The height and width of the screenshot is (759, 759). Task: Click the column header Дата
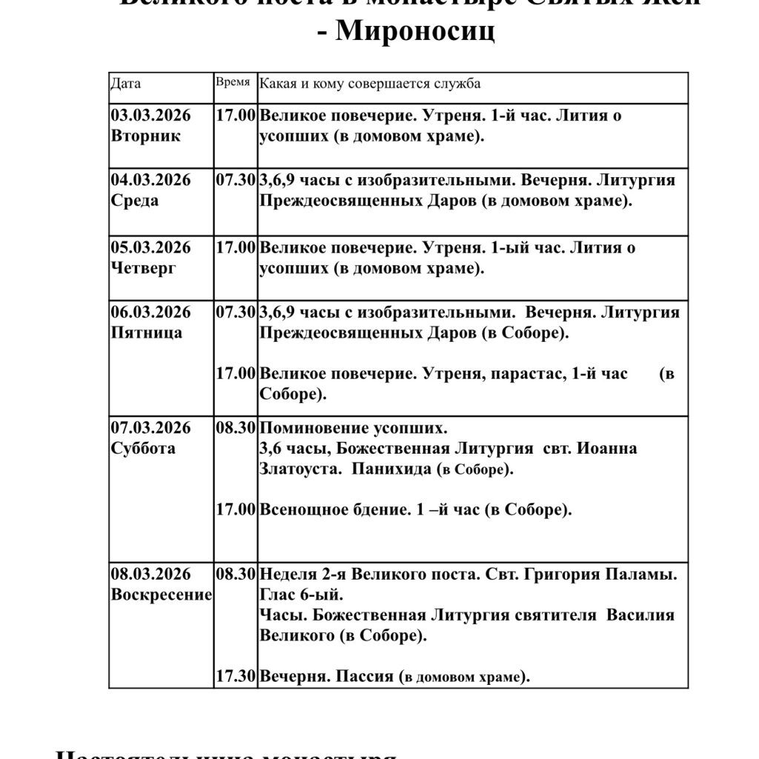[125, 84]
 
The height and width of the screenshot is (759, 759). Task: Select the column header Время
[233, 82]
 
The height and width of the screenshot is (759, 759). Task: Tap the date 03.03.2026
[150, 115]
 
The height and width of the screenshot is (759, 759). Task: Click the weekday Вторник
[145, 136]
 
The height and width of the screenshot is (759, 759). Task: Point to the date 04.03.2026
[150, 180]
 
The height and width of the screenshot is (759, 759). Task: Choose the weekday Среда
[134, 201]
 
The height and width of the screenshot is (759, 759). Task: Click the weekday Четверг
[143, 268]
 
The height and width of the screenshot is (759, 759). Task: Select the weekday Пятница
[146, 333]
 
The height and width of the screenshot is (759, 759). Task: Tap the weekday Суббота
[143, 448]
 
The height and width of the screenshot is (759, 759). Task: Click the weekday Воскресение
[161, 594]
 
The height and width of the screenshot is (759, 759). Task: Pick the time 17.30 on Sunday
[236, 676]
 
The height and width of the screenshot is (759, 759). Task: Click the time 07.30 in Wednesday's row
[236, 180]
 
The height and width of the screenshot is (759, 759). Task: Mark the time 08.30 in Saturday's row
[236, 428]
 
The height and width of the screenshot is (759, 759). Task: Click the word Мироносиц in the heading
[415, 33]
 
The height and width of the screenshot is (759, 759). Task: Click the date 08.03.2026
[150, 574]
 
